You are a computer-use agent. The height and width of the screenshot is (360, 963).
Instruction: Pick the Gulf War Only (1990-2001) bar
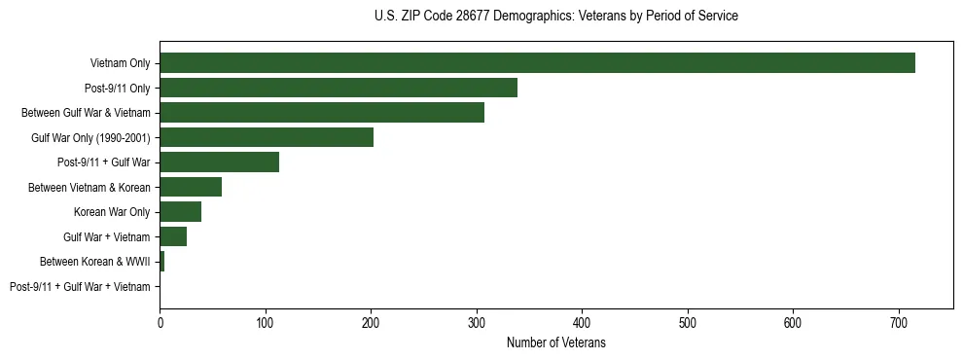(267, 137)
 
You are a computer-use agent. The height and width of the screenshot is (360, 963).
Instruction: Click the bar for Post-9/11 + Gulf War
(219, 162)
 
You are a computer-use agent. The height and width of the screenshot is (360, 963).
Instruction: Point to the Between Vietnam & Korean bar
(191, 187)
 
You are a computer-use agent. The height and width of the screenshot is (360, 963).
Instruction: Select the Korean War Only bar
(180, 212)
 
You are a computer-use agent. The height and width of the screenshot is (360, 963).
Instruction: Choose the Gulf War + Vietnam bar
(173, 236)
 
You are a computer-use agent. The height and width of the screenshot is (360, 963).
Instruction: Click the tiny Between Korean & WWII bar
(162, 262)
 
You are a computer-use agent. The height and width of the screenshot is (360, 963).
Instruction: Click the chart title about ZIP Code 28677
(555, 17)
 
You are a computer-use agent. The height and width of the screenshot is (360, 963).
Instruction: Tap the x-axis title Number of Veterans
(555, 343)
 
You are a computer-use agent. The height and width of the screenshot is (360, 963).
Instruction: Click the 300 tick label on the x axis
(477, 322)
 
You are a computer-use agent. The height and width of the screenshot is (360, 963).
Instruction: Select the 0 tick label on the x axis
(160, 322)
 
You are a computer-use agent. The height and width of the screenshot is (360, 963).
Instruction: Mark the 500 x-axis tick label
(688, 322)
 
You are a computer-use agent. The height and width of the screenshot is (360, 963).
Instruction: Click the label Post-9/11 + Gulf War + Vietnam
(80, 287)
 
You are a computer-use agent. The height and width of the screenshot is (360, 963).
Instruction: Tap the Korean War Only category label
(112, 212)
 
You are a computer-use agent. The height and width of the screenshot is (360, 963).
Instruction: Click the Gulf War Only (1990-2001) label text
(90, 137)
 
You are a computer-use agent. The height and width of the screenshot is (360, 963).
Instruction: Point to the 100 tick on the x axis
(266, 322)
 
